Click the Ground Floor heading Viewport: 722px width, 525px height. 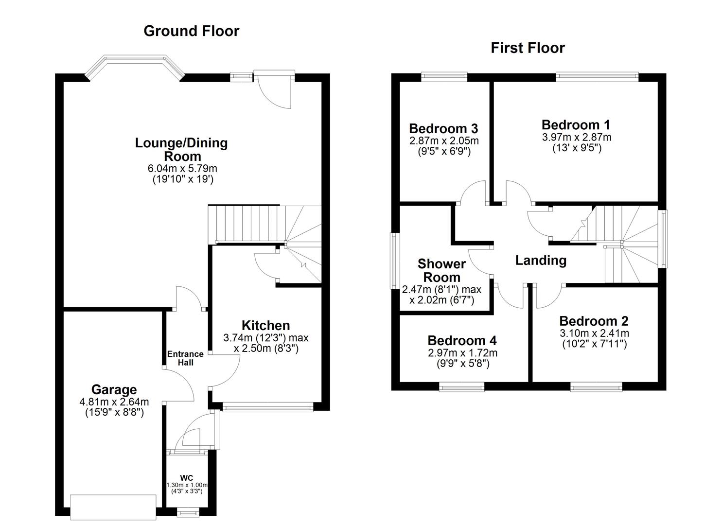coord(191,31)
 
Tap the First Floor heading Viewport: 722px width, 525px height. coord(528,48)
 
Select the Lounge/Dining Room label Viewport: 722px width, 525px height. coord(181,150)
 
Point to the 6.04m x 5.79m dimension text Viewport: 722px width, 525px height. coord(182,169)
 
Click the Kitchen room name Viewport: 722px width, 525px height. coord(265,325)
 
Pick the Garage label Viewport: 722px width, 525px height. coord(114,390)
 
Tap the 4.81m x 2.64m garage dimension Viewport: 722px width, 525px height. coord(114,402)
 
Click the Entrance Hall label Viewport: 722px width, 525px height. coord(185,358)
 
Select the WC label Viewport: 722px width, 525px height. coord(186,477)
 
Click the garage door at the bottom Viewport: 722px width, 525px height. coord(113,507)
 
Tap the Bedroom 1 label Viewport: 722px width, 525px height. coord(576,125)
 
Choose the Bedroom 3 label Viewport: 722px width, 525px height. coord(443,128)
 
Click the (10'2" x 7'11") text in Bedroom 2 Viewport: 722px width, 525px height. coord(594,344)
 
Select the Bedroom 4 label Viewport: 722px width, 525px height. coord(462,340)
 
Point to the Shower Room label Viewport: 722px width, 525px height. coord(441,271)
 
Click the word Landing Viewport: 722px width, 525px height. coord(541,261)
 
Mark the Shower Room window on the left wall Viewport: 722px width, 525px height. coord(394,262)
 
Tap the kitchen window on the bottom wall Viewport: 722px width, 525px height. coord(268,408)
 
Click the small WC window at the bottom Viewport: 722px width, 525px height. coord(187,512)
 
